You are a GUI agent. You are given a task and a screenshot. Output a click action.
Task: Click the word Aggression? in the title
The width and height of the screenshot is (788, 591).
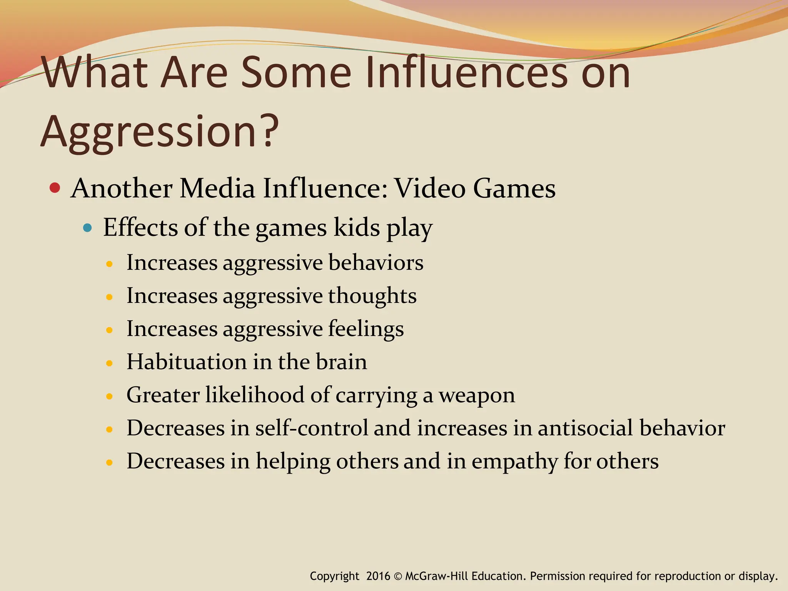160,132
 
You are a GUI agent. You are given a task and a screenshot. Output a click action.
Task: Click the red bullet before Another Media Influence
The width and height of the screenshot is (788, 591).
55,188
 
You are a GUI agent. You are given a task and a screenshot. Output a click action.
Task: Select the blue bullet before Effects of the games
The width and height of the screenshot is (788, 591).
88,228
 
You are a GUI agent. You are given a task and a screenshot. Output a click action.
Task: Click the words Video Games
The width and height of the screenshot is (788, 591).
476,189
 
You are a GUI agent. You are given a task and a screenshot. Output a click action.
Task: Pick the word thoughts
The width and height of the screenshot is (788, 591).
372,296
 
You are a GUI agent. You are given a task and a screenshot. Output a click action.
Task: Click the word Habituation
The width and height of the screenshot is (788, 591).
187,362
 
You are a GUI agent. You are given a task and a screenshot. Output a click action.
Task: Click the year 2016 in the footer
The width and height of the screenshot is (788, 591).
378,576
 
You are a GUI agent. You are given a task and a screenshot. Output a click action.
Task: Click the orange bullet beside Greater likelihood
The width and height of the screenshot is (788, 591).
110,396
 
